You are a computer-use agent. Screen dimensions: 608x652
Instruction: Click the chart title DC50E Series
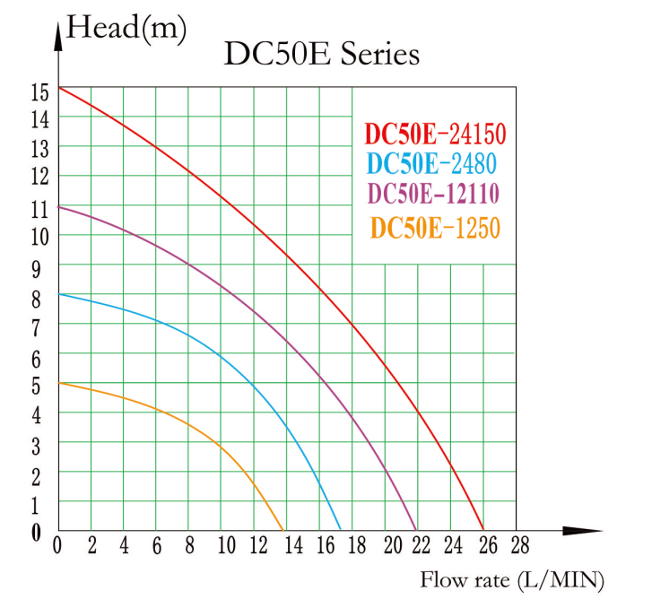tap(321, 54)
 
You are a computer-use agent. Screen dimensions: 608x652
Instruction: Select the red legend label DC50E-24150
tap(436, 135)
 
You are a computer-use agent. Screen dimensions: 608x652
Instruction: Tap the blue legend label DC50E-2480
tap(432, 164)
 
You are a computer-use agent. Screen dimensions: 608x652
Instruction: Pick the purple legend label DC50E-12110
tap(434, 194)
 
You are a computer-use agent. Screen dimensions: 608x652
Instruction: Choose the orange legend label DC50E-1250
tap(435, 229)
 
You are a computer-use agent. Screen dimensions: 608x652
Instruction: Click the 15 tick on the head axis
tap(37, 91)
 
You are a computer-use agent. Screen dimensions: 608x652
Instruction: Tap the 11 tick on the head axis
tap(37, 209)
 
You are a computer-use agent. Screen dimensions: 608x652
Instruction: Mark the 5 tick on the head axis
tap(37, 387)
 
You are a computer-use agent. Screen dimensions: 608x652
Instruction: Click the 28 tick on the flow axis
tap(518, 545)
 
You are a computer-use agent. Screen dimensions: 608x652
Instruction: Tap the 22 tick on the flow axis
tap(420, 545)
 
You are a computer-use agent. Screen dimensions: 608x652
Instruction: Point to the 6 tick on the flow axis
tap(156, 545)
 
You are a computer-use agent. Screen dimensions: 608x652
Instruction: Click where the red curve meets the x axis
tap(483, 530)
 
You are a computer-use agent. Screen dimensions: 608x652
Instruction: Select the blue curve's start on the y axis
tap(58, 294)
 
